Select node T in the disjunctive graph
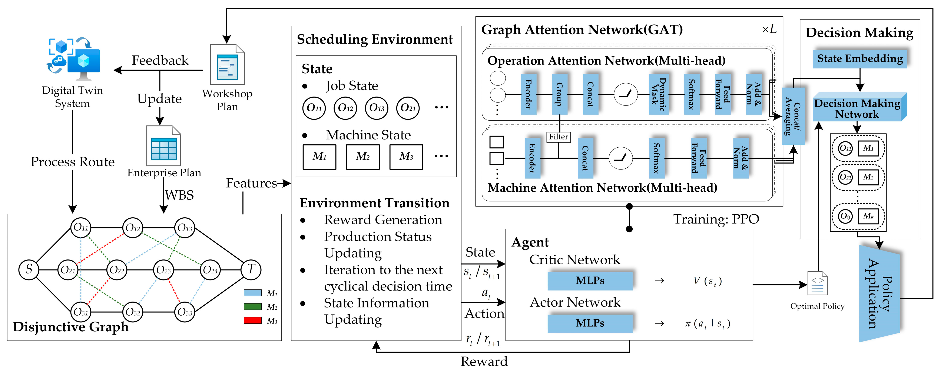tap(251, 270)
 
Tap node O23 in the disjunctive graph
tap(163, 270)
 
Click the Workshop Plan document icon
tap(227, 65)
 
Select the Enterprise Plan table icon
tap(164, 146)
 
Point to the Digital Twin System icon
tap(74, 58)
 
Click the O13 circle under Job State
tap(377, 108)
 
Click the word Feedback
tap(160, 60)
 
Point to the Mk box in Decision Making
tap(868, 216)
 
